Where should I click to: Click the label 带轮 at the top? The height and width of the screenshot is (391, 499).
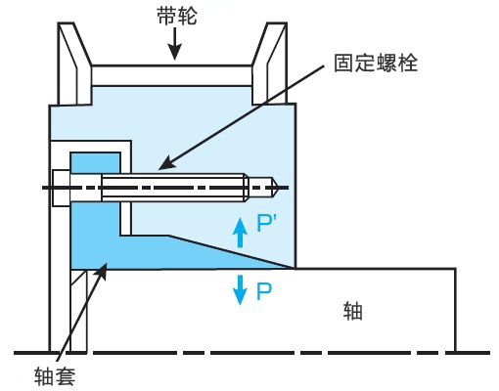click(x=177, y=16)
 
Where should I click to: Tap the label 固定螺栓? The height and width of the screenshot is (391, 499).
click(x=376, y=63)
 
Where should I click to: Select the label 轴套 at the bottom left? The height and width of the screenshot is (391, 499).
click(x=55, y=376)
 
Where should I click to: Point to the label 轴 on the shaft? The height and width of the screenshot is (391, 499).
click(x=352, y=311)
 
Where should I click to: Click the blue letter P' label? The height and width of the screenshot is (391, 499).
click(x=266, y=223)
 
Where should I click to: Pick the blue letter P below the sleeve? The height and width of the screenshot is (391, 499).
click(x=264, y=291)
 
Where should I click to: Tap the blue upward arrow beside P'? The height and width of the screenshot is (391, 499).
click(x=240, y=233)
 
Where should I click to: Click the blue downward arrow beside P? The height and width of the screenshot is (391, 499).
click(x=240, y=290)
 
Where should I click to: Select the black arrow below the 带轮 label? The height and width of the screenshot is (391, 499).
click(x=175, y=44)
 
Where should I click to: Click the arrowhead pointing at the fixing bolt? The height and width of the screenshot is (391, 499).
click(x=165, y=163)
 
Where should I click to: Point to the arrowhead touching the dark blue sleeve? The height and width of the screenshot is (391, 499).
click(x=102, y=271)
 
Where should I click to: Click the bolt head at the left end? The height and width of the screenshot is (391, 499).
click(x=62, y=188)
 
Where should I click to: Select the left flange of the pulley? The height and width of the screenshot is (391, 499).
click(x=73, y=64)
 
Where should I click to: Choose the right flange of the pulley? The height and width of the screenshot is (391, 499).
click(x=271, y=64)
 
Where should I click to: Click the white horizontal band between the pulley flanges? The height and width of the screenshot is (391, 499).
click(x=172, y=75)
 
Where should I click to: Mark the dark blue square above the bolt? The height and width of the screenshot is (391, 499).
click(x=95, y=162)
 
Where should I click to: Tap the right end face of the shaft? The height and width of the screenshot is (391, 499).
click(x=455, y=310)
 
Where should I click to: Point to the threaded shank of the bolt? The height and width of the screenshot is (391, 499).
click(x=173, y=188)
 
